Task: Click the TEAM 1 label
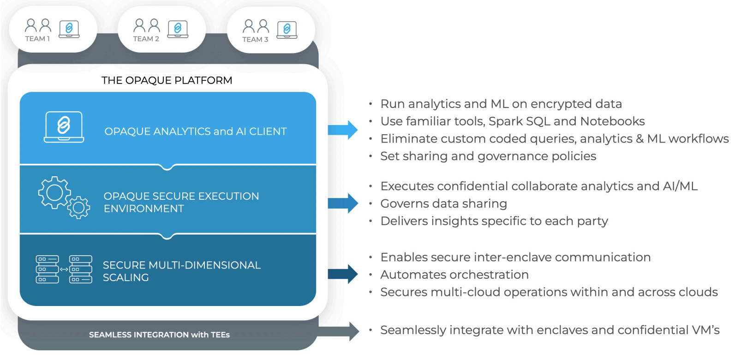[37, 39]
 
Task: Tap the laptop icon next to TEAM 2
[178, 29]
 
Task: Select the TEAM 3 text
[255, 40]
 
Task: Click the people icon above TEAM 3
[256, 26]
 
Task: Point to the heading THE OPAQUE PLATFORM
[167, 80]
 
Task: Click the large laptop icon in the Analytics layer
[64, 127]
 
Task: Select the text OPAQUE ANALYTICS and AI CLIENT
[196, 132]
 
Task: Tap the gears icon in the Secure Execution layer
[64, 198]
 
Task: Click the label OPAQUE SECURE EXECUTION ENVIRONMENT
[181, 202]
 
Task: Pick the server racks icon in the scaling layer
[64, 269]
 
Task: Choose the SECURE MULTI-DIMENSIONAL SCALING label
[181, 271]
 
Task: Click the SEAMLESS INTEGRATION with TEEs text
[159, 335]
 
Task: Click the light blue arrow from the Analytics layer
[343, 130]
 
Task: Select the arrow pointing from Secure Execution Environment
[343, 203]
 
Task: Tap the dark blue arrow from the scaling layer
[343, 274]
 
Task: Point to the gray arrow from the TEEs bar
[339, 331]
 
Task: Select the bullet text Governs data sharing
[443, 204]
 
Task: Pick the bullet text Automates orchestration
[454, 275]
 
